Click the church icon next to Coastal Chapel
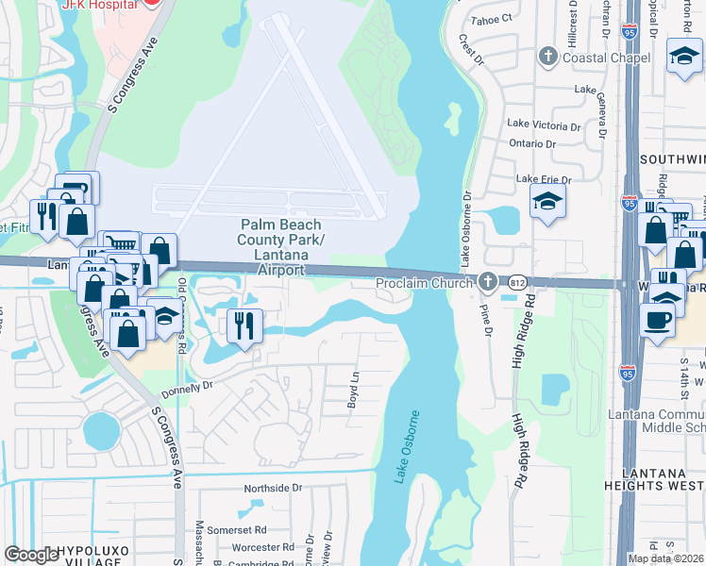pyautogui.click(x=546, y=58)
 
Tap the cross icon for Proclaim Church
pyautogui.click(x=487, y=280)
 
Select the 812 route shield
pyautogui.click(x=515, y=282)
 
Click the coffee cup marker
pyautogui.click(x=657, y=318)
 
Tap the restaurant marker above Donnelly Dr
pyautogui.click(x=244, y=326)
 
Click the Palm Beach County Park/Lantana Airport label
pyautogui.click(x=280, y=247)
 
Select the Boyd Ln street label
pyautogui.click(x=355, y=388)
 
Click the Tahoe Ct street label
pyautogui.click(x=493, y=17)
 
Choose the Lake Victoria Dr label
pyautogui.click(x=544, y=124)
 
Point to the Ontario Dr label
pyautogui.click(x=532, y=143)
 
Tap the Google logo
pyautogui.click(x=31, y=554)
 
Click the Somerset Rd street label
pyautogui.click(x=237, y=529)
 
